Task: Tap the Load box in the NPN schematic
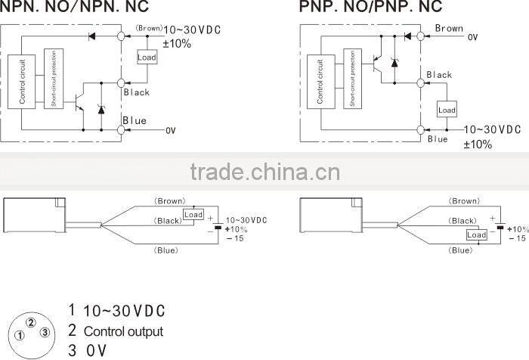pyautogui.click(x=146, y=57)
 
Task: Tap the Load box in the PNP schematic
pyautogui.click(x=447, y=110)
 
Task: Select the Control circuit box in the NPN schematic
pyautogui.click(x=23, y=80)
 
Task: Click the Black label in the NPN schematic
pyautogui.click(x=136, y=92)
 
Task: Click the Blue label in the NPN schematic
pyautogui.click(x=135, y=121)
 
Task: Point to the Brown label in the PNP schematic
pyautogui.click(x=449, y=29)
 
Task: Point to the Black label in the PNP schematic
pyautogui.click(x=439, y=75)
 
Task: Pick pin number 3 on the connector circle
pyautogui.click(x=45, y=333)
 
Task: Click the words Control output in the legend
pyautogui.click(x=123, y=331)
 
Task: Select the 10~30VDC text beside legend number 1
pyautogui.click(x=124, y=311)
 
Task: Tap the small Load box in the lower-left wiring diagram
pyautogui.click(x=193, y=215)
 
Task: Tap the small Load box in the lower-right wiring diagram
pyautogui.click(x=476, y=235)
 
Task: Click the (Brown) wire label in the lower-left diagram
pyautogui.click(x=170, y=201)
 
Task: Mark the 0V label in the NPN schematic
pyautogui.click(x=170, y=131)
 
